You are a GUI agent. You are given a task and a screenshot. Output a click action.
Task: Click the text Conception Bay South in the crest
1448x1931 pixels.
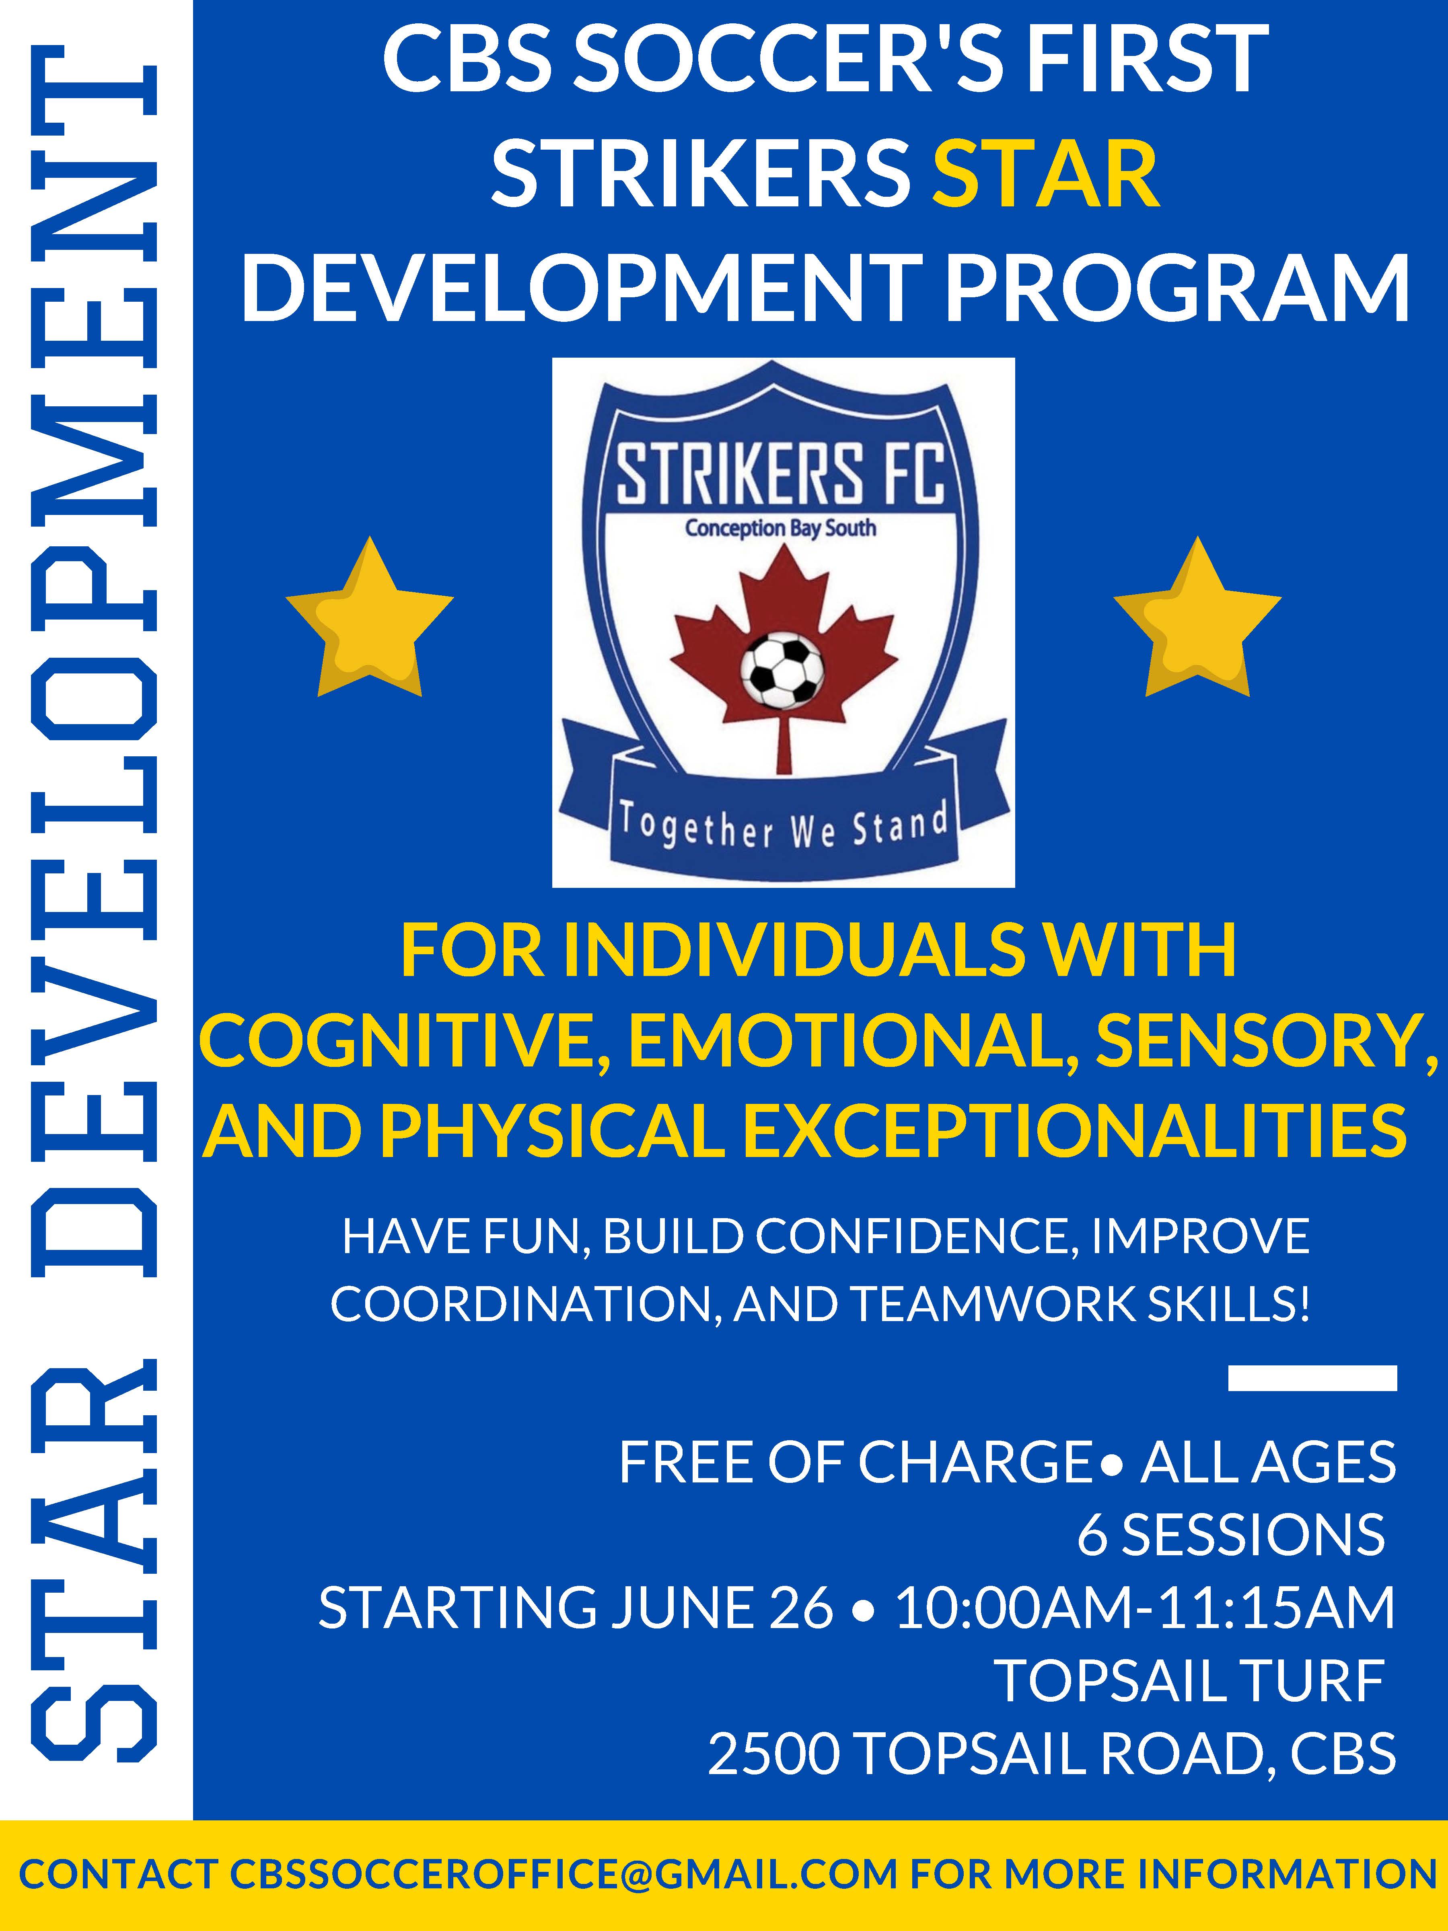(x=780, y=528)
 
